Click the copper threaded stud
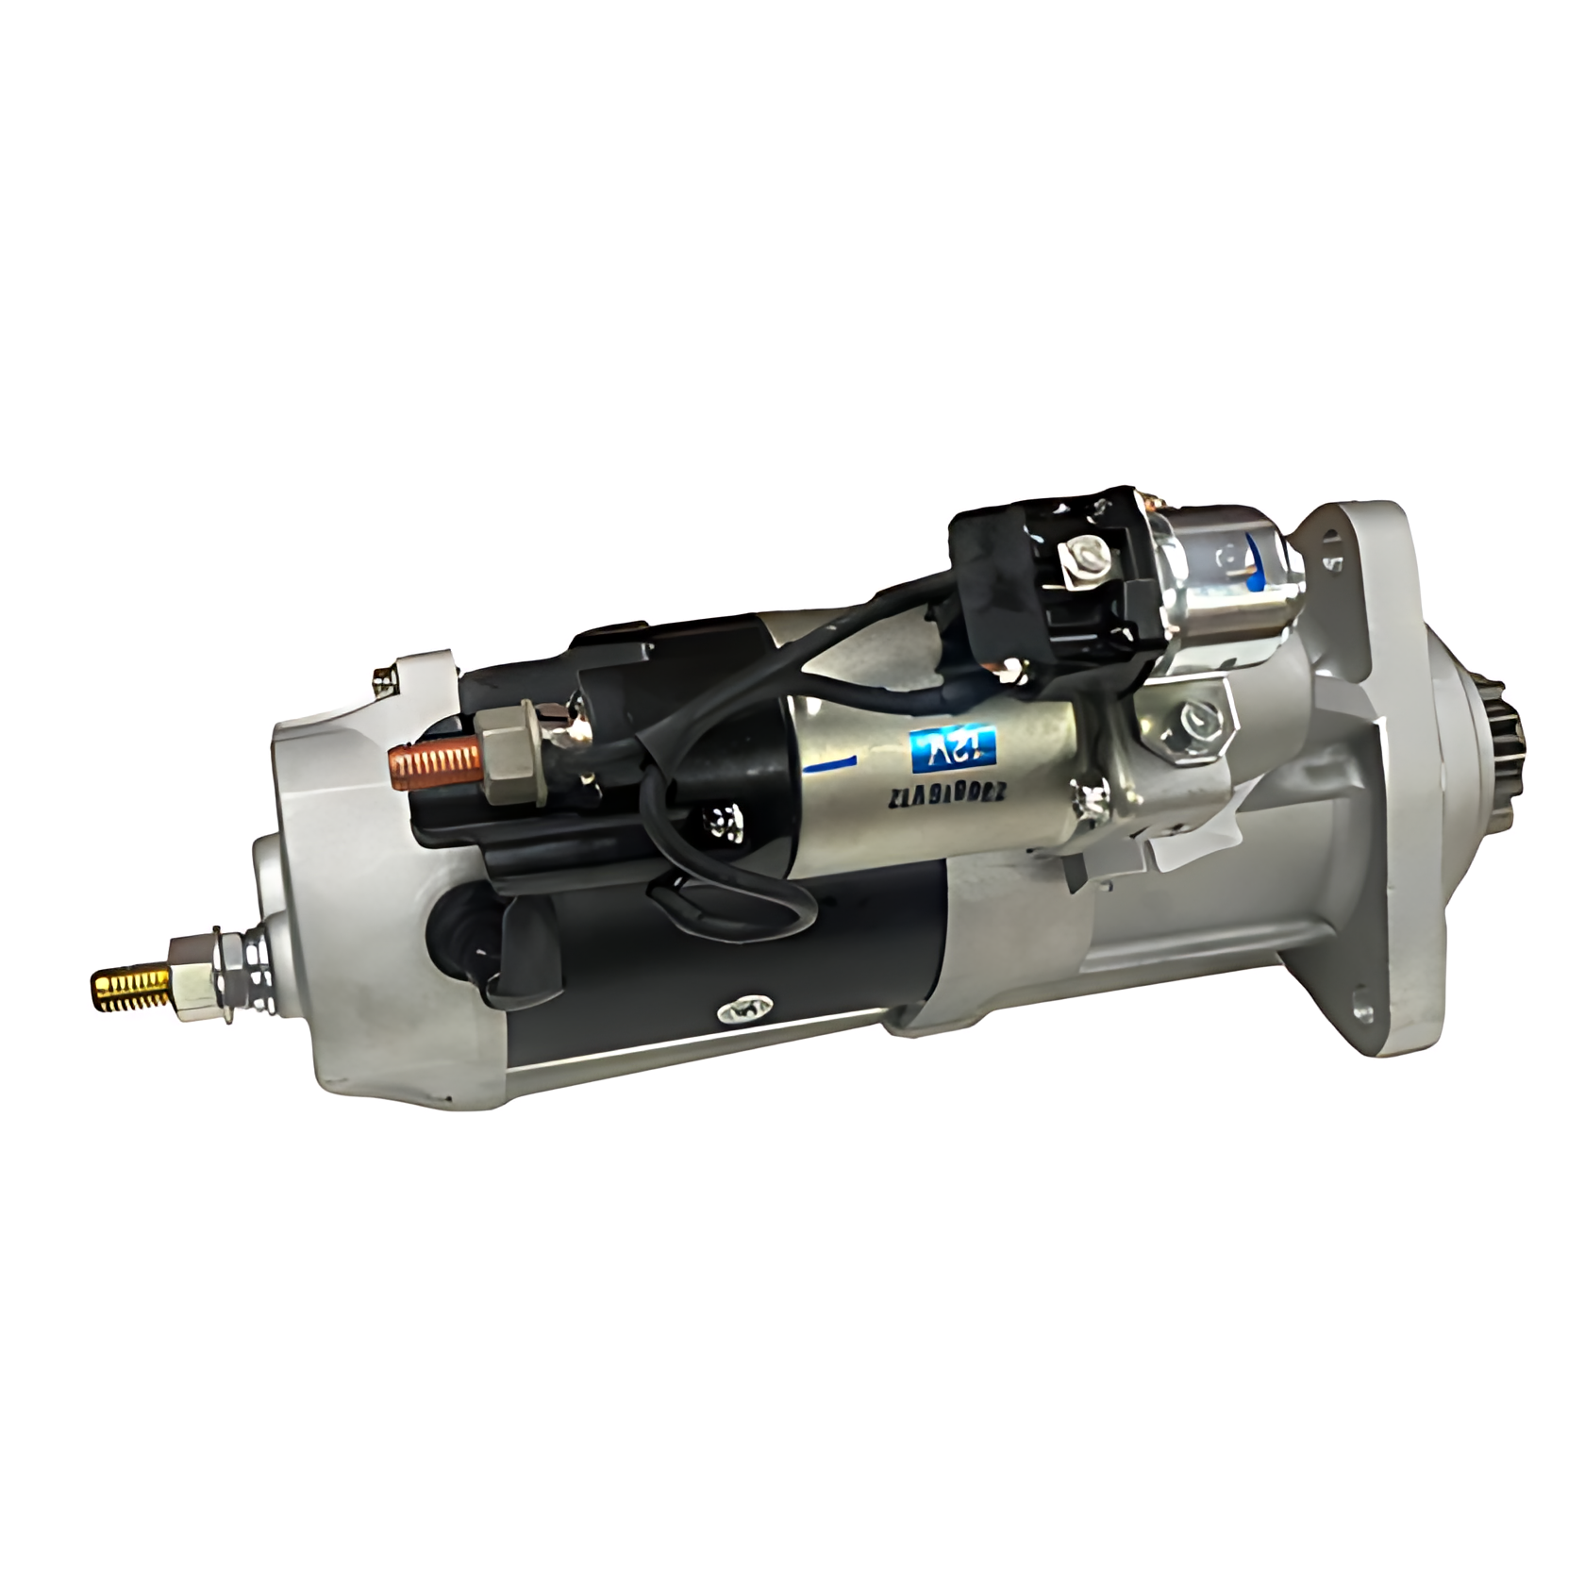tap(433, 760)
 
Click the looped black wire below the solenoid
tap(717, 906)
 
